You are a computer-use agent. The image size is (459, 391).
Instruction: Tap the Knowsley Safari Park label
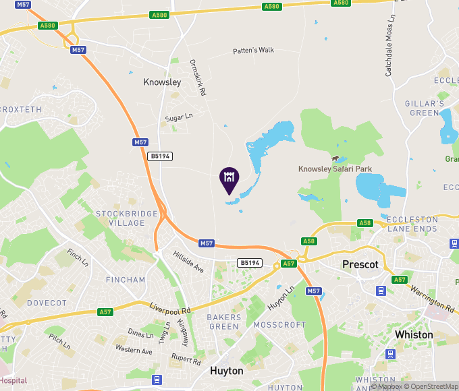click(x=335, y=169)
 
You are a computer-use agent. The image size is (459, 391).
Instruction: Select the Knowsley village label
click(x=162, y=82)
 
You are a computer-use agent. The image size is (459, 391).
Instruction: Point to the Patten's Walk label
click(x=253, y=51)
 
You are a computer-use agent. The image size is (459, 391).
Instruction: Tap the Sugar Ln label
click(x=180, y=117)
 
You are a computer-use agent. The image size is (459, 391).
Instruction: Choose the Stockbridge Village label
click(x=126, y=218)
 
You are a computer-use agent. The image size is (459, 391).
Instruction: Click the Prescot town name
click(x=360, y=264)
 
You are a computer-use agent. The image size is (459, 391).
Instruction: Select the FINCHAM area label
click(x=126, y=280)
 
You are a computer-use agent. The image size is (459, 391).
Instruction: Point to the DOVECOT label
click(x=47, y=303)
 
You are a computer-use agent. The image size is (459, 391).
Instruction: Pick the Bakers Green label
click(x=223, y=322)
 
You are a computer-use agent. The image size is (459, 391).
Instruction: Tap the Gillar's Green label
click(x=425, y=108)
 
